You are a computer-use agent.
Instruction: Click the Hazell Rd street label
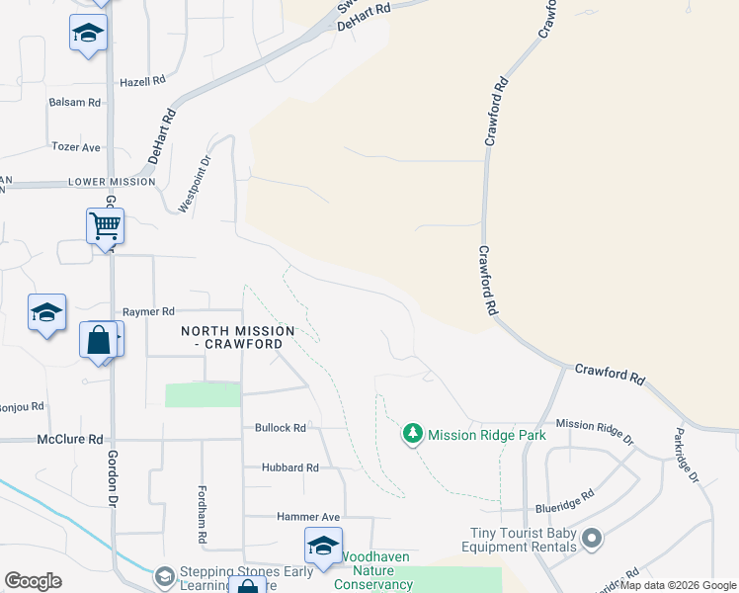141,82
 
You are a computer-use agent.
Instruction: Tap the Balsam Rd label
75,102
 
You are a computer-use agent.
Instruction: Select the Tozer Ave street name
77,147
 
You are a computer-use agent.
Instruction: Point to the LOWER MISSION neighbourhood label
112,182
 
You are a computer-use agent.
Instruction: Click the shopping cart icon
105,226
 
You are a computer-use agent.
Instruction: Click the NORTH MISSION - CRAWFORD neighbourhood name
237,336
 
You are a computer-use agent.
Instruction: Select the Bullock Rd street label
280,428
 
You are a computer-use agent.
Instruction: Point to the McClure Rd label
70,439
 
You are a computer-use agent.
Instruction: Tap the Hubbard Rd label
289,467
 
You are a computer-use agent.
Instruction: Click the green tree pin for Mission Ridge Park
412,433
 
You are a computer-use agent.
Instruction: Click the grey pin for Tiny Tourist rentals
592,539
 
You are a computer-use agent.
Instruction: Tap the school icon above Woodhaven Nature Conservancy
323,546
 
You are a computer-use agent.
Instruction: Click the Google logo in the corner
33,581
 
